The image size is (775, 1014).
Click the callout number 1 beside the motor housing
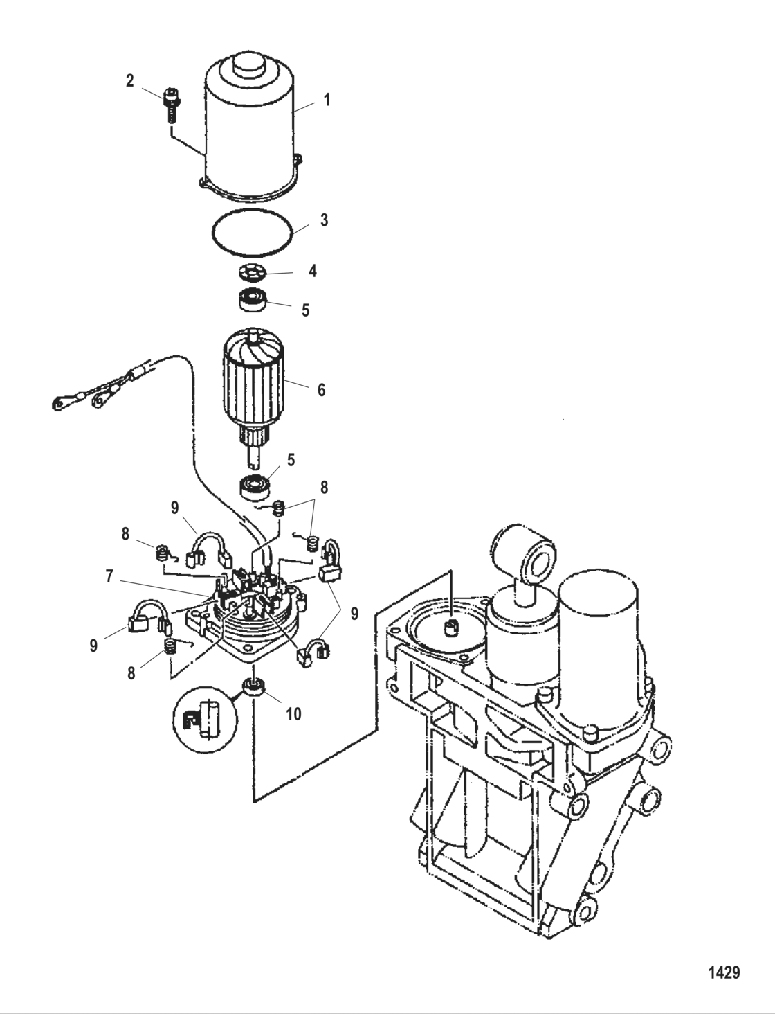tap(327, 100)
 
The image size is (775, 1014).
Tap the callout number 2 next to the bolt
tap(130, 81)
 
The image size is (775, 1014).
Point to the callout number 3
tap(324, 221)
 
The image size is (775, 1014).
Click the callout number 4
tap(313, 271)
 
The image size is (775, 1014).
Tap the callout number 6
tap(321, 390)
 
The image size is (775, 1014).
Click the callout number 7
tap(109, 576)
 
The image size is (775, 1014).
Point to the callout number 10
tap(293, 713)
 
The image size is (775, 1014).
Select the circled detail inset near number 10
tap(201, 725)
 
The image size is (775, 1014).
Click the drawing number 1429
tap(724, 972)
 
